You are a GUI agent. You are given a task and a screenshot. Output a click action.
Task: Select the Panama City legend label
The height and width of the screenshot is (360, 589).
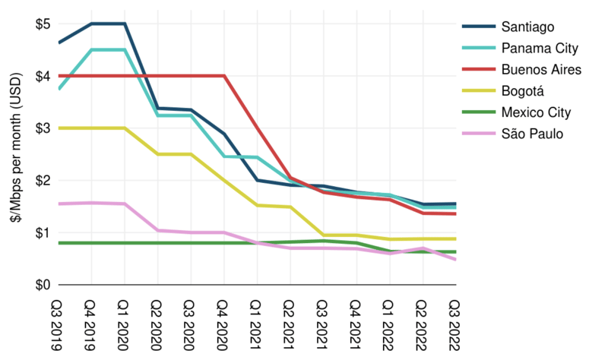click(539, 49)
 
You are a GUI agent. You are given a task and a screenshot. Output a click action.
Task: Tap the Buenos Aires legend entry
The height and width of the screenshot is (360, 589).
click(541, 70)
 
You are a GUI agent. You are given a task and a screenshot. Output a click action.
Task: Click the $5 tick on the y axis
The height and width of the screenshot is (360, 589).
click(43, 24)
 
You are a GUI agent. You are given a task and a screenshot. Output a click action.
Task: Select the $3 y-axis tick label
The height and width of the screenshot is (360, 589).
click(43, 128)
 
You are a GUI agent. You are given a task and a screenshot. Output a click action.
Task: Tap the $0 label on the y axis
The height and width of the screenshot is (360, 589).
click(43, 285)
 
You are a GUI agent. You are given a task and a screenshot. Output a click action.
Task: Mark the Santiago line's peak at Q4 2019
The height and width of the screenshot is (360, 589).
click(92, 24)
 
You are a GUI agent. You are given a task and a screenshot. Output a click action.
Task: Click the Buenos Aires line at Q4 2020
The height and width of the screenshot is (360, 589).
click(223, 76)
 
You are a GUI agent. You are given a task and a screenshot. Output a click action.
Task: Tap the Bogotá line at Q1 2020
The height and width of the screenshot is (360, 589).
click(125, 128)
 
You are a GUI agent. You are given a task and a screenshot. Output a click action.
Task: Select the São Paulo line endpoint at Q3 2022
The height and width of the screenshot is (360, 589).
click(454, 260)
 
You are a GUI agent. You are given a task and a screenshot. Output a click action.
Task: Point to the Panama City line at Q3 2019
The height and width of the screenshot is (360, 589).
click(59, 89)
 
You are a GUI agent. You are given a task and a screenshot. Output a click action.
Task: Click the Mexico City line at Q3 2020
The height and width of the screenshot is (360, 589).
click(191, 243)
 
